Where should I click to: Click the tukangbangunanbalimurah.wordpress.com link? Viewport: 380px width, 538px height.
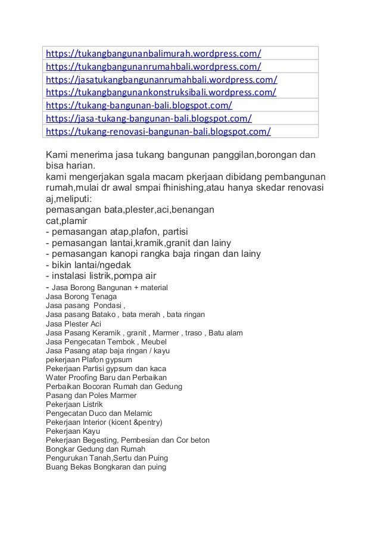(x=154, y=52)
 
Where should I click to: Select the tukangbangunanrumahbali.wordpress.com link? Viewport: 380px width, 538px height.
(x=154, y=65)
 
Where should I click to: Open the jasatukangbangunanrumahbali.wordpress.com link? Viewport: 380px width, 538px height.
(x=161, y=79)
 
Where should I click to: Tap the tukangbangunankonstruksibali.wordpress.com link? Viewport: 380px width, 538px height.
(x=161, y=92)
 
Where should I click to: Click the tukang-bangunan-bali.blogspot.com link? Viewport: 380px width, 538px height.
(x=139, y=105)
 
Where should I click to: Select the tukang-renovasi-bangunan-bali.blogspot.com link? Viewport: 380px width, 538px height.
(x=158, y=132)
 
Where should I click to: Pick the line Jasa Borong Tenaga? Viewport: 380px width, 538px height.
(x=82, y=297)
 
